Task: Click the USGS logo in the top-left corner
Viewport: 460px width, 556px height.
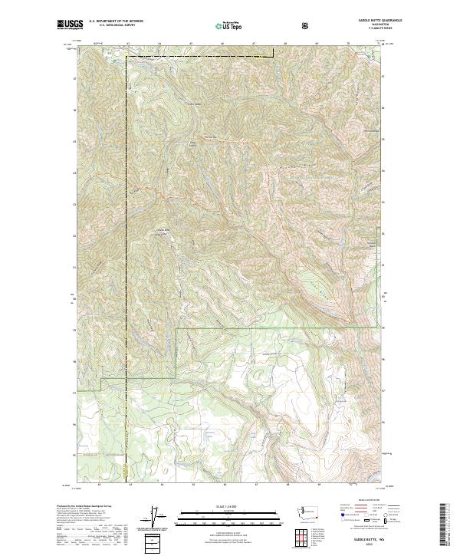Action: tap(71, 25)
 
